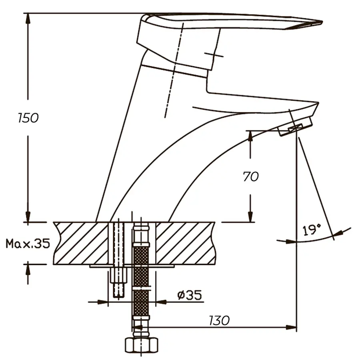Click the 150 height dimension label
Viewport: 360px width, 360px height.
pos(28,118)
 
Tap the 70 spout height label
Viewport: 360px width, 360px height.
pos(251,176)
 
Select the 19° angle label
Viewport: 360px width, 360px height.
pos(312,230)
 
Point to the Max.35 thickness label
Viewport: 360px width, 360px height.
pos(28,243)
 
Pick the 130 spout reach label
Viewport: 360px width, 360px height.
pos(219,320)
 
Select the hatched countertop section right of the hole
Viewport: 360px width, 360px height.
pos(184,243)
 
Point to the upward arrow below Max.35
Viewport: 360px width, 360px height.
pos(28,270)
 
